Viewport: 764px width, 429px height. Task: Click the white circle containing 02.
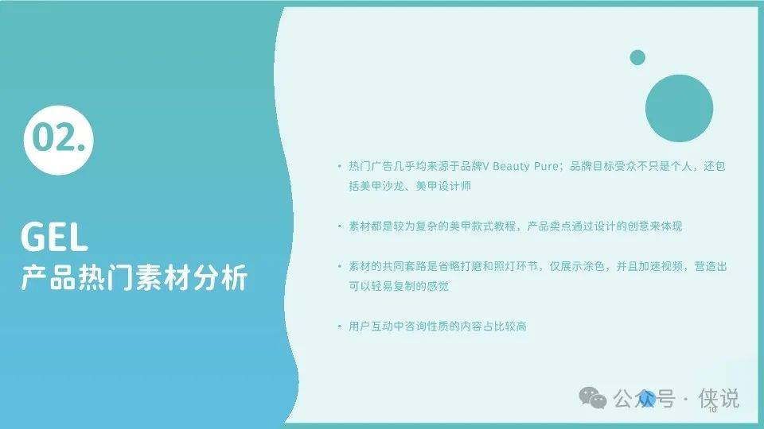click(x=58, y=140)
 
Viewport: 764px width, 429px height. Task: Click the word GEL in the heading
click(x=54, y=237)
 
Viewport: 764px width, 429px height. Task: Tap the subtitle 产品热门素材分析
click(x=134, y=278)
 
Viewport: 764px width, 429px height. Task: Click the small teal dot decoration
click(x=637, y=57)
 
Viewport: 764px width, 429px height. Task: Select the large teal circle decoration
click(x=679, y=108)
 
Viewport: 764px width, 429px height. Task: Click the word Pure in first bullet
click(x=546, y=166)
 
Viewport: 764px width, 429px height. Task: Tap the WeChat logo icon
click(x=592, y=398)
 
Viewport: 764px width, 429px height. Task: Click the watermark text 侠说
click(x=719, y=398)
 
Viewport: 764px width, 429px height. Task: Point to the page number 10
click(x=712, y=410)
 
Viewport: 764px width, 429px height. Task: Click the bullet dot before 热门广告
click(x=339, y=166)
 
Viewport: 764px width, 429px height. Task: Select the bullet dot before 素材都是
click(x=339, y=226)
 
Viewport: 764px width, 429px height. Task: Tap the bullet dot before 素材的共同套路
click(x=339, y=266)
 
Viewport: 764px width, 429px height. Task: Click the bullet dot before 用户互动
click(x=339, y=326)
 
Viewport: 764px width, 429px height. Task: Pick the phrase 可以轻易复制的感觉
click(x=399, y=286)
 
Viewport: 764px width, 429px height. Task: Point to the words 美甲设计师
click(x=443, y=186)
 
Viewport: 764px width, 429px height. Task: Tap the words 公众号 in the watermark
click(x=644, y=399)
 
